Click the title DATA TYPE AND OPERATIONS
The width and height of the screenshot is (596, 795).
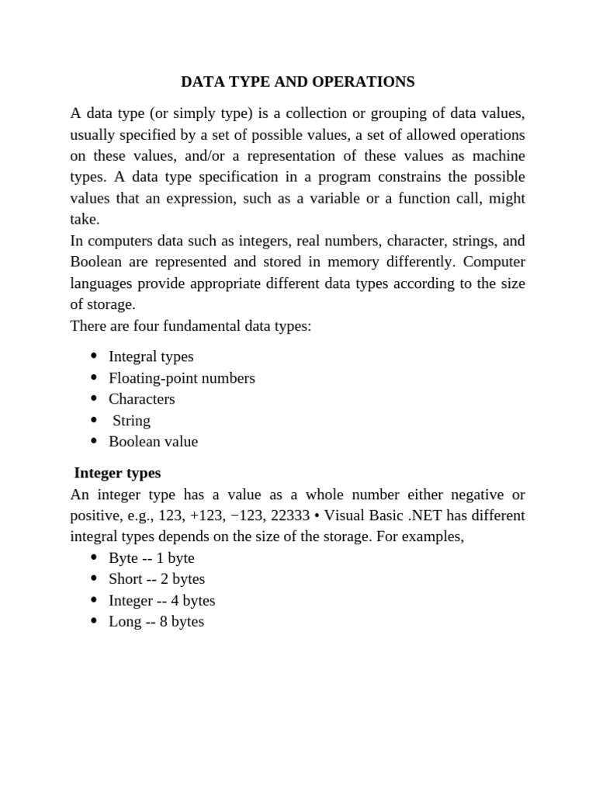tap(297, 82)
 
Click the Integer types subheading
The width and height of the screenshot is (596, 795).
tap(117, 473)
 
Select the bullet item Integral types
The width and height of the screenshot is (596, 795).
tap(151, 357)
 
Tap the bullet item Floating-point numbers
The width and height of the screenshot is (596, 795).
tap(182, 378)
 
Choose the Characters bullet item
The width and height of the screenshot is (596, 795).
tap(141, 399)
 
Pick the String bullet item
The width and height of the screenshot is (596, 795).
tap(131, 421)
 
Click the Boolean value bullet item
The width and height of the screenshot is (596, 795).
tap(153, 442)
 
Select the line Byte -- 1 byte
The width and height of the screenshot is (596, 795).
tap(151, 558)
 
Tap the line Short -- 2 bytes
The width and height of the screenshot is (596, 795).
tap(157, 579)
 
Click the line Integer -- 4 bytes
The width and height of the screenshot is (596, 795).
tap(161, 600)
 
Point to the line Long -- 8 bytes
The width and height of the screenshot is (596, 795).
tap(156, 621)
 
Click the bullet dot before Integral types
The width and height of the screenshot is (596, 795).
tap(94, 356)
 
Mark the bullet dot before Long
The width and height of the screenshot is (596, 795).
tap(94, 621)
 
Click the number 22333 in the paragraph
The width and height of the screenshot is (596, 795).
tap(288, 516)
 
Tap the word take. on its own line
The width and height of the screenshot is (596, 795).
tap(85, 220)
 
